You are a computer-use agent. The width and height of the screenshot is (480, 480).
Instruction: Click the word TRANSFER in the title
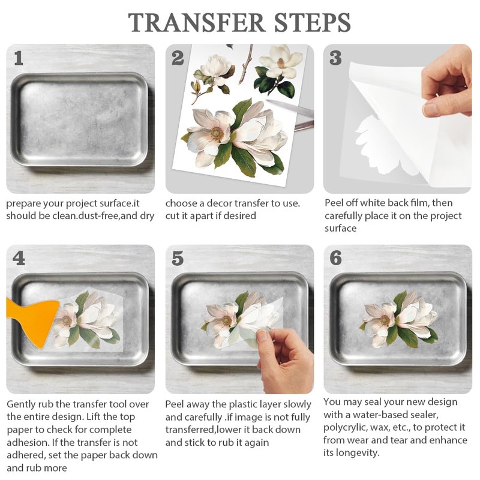[196, 22]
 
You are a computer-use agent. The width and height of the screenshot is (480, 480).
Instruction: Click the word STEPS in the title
[312, 22]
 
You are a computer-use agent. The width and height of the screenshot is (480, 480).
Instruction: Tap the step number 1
[19, 58]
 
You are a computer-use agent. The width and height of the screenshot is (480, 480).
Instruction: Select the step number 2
[178, 58]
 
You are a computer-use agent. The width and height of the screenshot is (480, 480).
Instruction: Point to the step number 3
[335, 58]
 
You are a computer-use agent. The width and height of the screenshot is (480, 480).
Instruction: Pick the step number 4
[19, 259]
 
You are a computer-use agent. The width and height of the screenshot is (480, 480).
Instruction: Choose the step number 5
[178, 259]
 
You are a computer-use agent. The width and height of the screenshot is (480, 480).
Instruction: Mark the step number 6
[335, 258]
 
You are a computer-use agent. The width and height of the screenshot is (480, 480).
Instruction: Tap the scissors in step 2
[294, 115]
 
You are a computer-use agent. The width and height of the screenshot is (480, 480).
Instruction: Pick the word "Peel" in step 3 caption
[334, 203]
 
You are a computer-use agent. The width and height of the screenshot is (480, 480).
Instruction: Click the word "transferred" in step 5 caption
[190, 430]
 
